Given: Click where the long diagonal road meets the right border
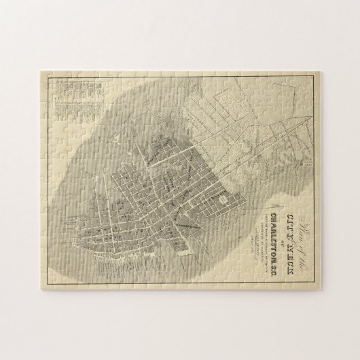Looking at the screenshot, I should pos(314,136).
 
